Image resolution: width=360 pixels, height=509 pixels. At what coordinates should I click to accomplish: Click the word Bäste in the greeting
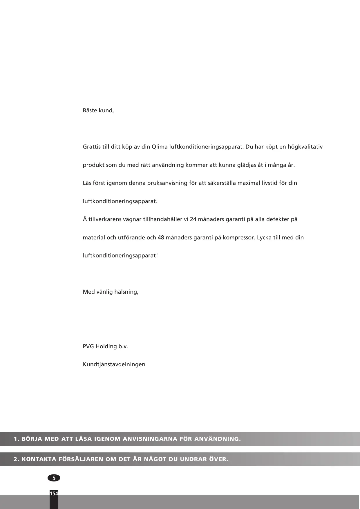tap(90, 111)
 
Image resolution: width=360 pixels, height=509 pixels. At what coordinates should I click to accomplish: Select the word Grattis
tap(92, 147)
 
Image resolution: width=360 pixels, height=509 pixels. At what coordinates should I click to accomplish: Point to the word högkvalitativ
tap(305, 147)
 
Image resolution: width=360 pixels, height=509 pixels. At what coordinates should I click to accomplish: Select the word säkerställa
tap(207, 183)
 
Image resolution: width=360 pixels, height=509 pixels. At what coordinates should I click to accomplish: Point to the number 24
tap(193, 219)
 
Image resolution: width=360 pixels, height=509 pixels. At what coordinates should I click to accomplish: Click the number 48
tap(161, 238)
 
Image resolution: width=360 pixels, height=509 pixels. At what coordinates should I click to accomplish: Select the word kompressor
tap(240, 238)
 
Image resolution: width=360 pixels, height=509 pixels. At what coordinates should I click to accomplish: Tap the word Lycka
tap(264, 238)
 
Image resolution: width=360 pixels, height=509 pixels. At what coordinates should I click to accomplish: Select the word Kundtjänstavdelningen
tap(114, 364)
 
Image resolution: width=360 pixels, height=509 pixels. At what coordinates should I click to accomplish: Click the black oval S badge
tap(54, 478)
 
